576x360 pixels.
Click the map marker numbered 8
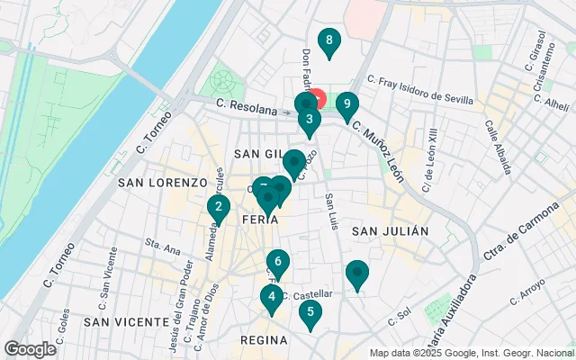pyautogui.click(x=329, y=41)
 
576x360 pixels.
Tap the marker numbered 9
pyautogui.click(x=346, y=105)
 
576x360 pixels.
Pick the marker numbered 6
pyautogui.click(x=271, y=297)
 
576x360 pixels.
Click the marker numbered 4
pyautogui.click(x=310, y=314)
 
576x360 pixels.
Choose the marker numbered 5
pyautogui.click(x=278, y=265)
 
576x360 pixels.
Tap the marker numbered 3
pyautogui.click(x=309, y=120)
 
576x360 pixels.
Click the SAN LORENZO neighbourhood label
pyautogui.click(x=162, y=182)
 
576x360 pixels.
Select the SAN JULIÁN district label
pyautogui.click(x=390, y=231)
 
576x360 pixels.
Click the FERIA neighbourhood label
pyautogui.click(x=265, y=219)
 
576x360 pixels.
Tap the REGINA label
pyautogui.click(x=264, y=340)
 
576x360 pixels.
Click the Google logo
pyautogui.click(x=30, y=349)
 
